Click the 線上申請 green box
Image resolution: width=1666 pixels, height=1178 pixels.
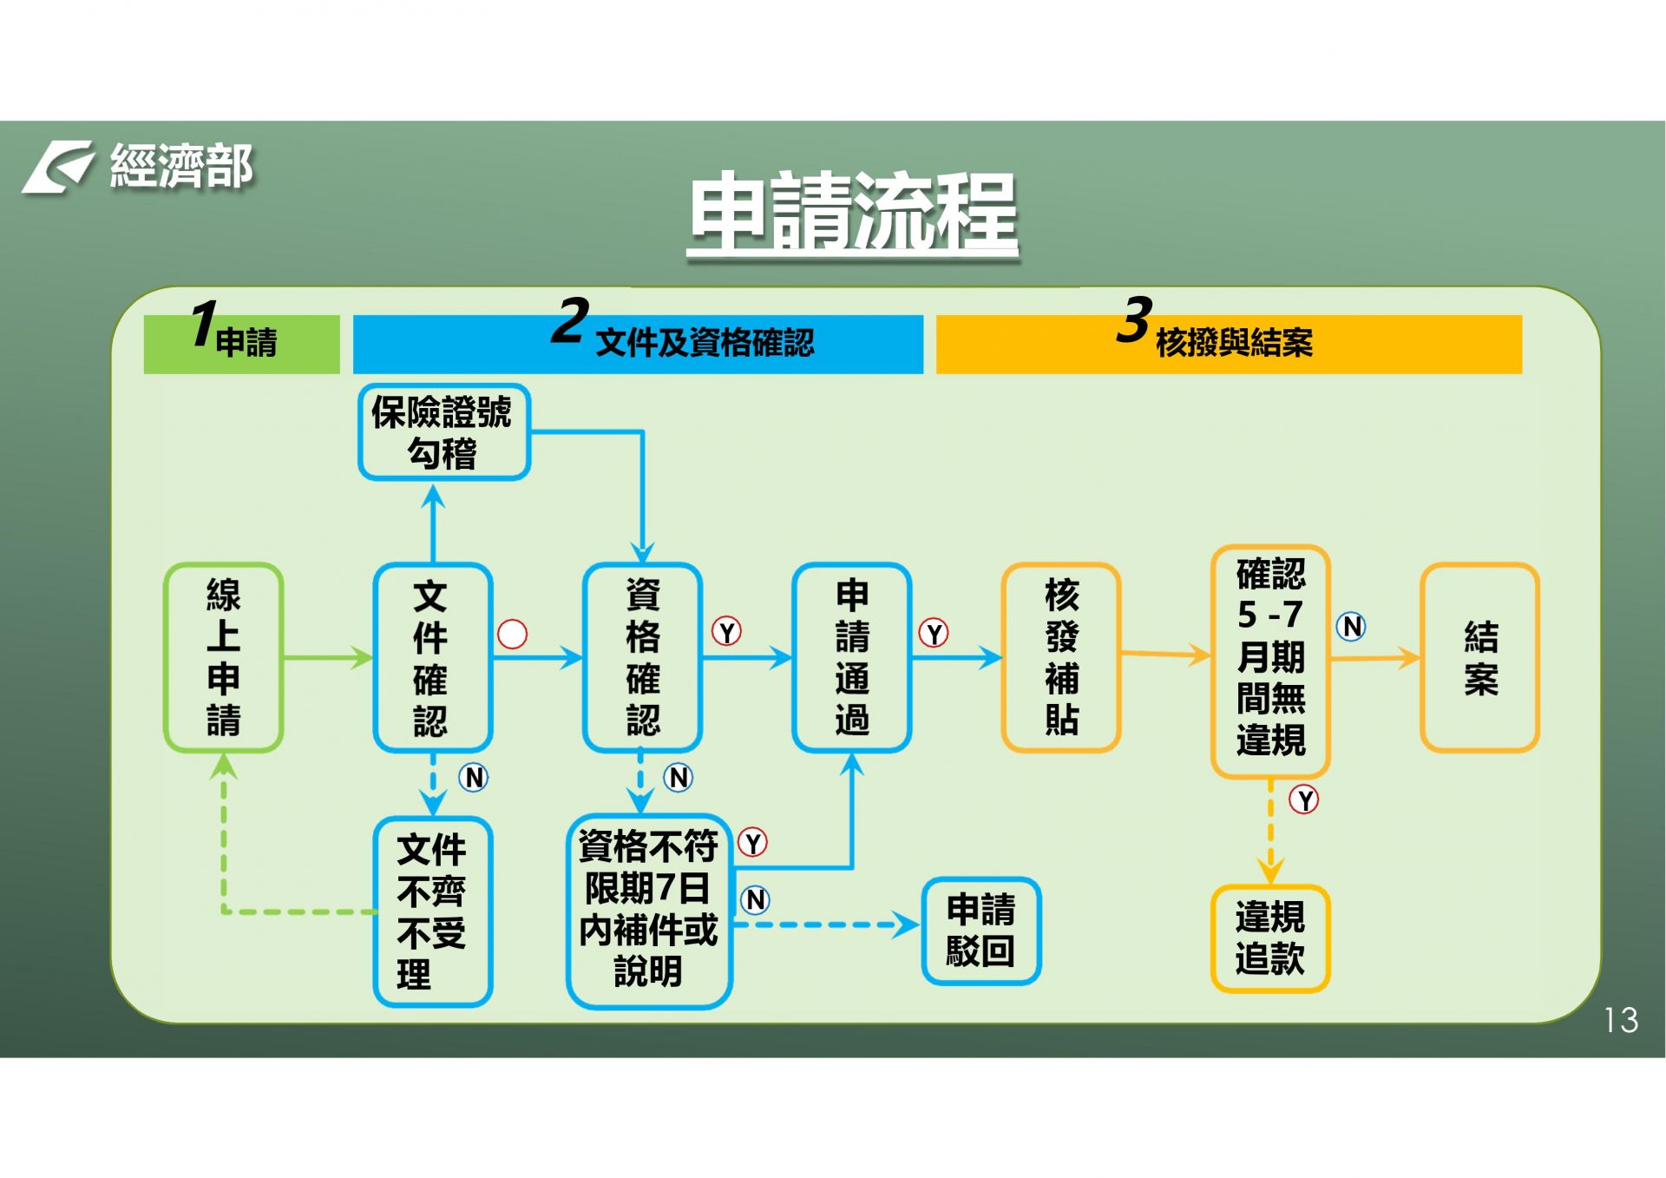coord(223,657)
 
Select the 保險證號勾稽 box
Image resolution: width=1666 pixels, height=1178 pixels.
coord(443,432)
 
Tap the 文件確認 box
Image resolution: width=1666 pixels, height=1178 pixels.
coord(432,657)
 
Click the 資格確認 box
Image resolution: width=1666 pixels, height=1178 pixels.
coord(642,657)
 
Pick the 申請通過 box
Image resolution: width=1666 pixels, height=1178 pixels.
coord(851,657)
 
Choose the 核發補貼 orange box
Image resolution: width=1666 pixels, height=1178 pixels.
coord(1061,657)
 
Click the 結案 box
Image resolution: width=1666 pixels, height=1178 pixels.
coord(1480,657)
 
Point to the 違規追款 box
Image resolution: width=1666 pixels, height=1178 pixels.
coord(1270,938)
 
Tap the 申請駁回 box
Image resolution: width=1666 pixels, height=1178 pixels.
coord(981,931)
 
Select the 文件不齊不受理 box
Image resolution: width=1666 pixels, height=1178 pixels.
coord(432,911)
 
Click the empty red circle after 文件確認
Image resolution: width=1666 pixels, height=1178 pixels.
coord(512,634)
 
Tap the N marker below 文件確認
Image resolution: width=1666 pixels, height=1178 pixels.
coord(474,777)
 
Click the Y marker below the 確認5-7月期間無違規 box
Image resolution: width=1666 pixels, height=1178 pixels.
coord(1304,799)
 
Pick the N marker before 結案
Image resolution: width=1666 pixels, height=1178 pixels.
coord(1351,626)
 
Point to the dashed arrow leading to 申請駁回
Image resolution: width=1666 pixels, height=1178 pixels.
coord(824,925)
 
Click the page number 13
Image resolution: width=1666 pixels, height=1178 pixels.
coord(1621,1020)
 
